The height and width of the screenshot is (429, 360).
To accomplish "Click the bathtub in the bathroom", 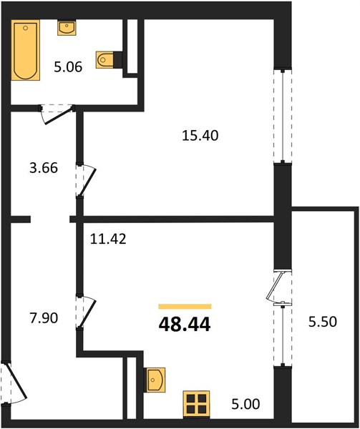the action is coord(26,50).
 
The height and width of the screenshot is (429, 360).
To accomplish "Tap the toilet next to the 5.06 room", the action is coord(105,60).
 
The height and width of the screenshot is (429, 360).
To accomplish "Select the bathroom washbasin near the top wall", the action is coord(67,28).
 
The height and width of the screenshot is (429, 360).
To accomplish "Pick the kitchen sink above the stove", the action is coord(156,380).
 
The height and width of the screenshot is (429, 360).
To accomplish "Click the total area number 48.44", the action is coord(185,325).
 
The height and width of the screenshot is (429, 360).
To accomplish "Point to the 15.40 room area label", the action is coord(200,135).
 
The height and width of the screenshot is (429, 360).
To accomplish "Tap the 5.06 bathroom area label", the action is coord(68,67).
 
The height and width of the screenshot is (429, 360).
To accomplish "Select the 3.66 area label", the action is coord(44,168).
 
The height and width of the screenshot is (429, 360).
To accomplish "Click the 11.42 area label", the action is coord(108,239).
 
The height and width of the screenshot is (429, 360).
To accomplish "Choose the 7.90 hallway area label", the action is coord(44,318).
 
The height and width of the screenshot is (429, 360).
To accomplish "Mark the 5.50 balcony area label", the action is coord(323,322).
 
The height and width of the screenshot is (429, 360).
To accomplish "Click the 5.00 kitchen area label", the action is coord(245,405).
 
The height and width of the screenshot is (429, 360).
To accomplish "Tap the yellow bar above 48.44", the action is coord(185,307).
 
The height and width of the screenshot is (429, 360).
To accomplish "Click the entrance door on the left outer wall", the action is coord(13,383).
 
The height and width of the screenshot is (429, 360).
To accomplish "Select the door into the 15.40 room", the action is coord(86,180).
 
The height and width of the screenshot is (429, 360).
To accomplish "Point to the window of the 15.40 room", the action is coord(283,117).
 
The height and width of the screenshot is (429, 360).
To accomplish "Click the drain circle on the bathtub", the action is coord(26,28).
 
